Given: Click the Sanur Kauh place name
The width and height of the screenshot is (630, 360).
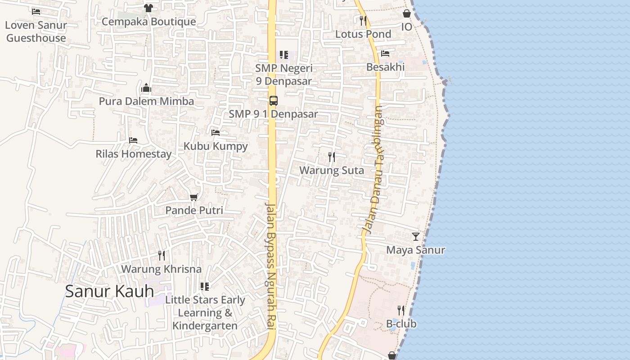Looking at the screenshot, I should (109, 291).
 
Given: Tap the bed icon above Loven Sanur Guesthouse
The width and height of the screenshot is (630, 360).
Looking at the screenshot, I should (36, 11).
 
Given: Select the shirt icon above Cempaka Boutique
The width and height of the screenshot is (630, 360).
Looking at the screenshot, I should (148, 8).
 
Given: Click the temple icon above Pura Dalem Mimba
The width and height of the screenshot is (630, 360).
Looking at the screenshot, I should (146, 87).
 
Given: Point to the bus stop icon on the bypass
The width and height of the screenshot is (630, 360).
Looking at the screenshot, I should (273, 100).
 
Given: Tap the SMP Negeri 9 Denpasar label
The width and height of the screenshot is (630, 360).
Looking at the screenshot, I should (283, 75).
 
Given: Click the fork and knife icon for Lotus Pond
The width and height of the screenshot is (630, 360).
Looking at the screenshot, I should (363, 21).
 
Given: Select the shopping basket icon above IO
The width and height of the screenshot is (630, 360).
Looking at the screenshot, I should (407, 13).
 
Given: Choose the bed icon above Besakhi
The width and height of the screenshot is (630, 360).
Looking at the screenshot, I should (385, 54).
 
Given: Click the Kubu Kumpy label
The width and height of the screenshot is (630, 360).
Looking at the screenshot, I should (216, 146).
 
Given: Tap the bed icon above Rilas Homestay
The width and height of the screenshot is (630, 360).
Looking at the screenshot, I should (133, 140).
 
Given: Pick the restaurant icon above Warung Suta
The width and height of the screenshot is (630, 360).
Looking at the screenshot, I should (332, 157).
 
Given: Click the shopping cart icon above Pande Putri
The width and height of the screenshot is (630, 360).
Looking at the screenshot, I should (194, 197).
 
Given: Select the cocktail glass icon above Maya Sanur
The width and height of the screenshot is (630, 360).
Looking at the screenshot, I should (415, 236).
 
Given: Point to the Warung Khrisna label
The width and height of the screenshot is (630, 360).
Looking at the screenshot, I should (161, 269).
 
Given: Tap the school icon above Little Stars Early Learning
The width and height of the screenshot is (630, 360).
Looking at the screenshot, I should (205, 287).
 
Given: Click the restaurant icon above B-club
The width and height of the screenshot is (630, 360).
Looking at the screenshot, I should (401, 310).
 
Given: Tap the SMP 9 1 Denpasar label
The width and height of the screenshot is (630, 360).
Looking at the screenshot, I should (273, 114).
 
